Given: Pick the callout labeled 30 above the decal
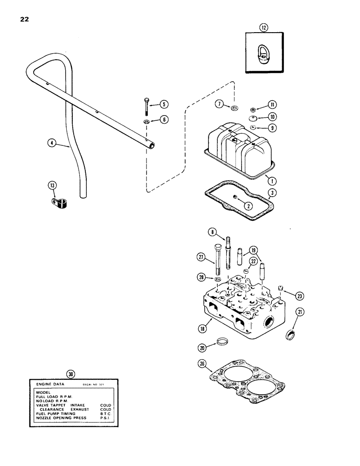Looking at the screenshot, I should (70, 373).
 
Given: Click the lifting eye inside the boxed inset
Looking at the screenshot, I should (263, 54).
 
